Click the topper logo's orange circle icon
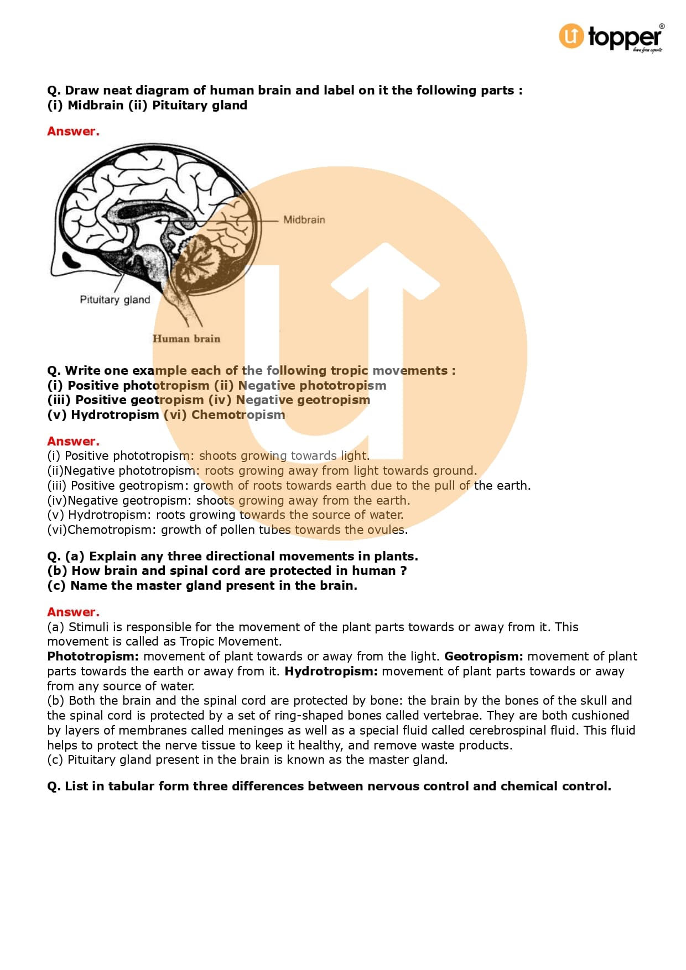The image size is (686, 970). point(571,36)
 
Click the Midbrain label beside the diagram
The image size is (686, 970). point(304,220)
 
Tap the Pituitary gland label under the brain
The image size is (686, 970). point(115,300)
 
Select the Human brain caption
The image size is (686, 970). point(186,339)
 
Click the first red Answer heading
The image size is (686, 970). point(73,132)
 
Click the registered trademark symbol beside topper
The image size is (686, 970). point(662,27)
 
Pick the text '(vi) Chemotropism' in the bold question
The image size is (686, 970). point(225,415)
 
